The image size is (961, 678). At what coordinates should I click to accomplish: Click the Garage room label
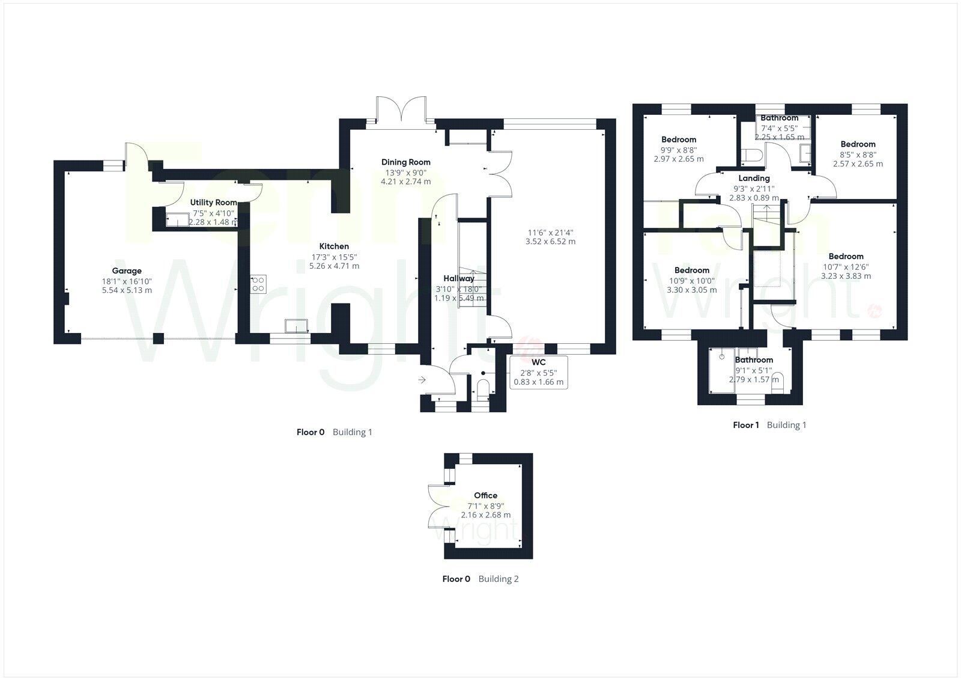pyautogui.click(x=127, y=271)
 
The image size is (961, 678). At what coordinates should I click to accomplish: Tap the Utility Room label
pyautogui.click(x=213, y=203)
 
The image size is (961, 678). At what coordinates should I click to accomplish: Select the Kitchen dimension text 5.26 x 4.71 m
pyautogui.click(x=334, y=266)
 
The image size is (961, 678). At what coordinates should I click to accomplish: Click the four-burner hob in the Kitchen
pyautogui.click(x=259, y=284)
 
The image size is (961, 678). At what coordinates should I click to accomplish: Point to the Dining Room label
pyautogui.click(x=406, y=162)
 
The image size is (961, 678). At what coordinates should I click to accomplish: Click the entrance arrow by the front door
pyautogui.click(x=422, y=380)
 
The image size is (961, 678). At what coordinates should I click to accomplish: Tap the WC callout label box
pyautogui.click(x=538, y=372)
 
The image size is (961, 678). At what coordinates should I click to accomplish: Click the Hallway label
pyautogui.click(x=459, y=278)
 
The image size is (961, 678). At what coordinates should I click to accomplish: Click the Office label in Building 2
pyautogui.click(x=485, y=496)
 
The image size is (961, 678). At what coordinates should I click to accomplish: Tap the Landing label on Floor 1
pyautogui.click(x=754, y=179)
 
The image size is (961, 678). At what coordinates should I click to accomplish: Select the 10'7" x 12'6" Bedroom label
pyautogui.click(x=846, y=257)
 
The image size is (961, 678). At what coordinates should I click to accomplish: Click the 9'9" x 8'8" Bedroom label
pyautogui.click(x=679, y=140)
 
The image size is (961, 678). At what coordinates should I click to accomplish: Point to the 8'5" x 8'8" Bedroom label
pyautogui.click(x=858, y=144)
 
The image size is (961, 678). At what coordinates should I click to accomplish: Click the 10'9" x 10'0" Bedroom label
pyautogui.click(x=691, y=270)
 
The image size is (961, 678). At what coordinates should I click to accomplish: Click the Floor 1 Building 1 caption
pyautogui.click(x=769, y=425)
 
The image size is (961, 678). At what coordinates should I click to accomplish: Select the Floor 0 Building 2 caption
pyautogui.click(x=480, y=579)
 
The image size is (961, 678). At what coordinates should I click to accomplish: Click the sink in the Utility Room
pyautogui.click(x=177, y=219)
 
